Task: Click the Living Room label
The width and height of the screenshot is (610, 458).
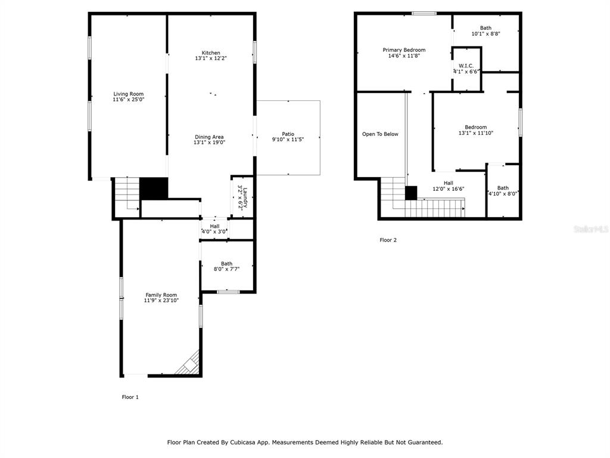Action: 129,94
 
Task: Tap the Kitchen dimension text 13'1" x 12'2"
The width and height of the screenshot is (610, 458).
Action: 211,58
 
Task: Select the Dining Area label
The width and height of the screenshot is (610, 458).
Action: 209,137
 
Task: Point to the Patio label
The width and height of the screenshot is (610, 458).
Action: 288,134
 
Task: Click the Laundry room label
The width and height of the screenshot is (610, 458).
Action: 245,198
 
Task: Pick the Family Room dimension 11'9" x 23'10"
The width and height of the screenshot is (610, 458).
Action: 161,301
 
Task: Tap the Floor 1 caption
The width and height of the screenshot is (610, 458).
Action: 130,397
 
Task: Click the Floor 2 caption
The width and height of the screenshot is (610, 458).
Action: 388,240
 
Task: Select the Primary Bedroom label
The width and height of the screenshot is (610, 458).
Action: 404,50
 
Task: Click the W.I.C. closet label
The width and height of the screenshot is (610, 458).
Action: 466,66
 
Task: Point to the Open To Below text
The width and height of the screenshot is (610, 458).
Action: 381,134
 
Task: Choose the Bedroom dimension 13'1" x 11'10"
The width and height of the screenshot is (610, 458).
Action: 476,133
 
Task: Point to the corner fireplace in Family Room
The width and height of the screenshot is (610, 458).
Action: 189,364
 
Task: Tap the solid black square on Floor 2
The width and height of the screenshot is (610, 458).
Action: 411,193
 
